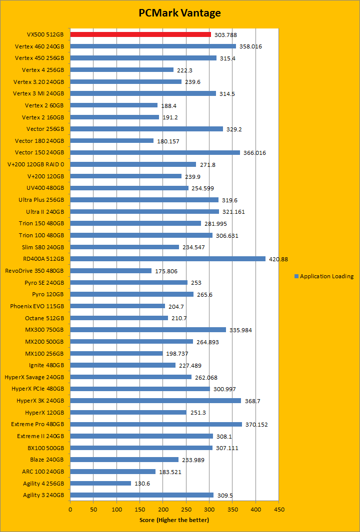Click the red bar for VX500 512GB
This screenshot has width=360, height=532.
pyautogui.click(x=140, y=34)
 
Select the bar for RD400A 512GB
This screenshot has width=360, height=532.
pyautogui.click(x=167, y=259)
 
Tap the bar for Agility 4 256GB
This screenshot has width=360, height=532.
pyautogui.click(x=100, y=483)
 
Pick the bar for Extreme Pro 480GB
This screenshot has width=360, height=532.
pyautogui.click(x=156, y=424)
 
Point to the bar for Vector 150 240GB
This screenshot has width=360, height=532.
pyautogui.click(x=155, y=152)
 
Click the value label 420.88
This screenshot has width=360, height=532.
pyautogui.click(x=278, y=259)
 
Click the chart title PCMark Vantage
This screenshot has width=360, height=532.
pyautogui.click(x=179, y=13)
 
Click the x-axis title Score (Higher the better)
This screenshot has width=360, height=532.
pyautogui.click(x=174, y=520)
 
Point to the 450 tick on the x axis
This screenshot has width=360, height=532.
pyautogui.click(x=279, y=510)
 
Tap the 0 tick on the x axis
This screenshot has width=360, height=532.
pyautogui.click(x=70, y=510)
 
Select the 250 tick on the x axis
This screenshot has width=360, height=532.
pyautogui.click(x=186, y=510)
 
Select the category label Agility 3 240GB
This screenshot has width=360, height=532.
pyautogui.click(x=43, y=495)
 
